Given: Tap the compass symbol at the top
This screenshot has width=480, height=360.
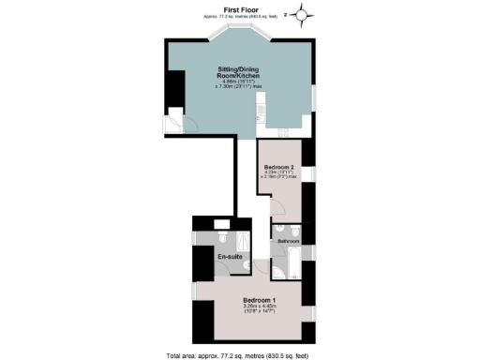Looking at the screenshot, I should [x=302, y=13].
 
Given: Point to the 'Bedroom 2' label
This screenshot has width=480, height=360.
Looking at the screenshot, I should [x=280, y=167].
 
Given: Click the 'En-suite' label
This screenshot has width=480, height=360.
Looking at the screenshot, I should [x=230, y=257].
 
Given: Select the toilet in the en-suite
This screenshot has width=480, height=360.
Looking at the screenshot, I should [x=221, y=224].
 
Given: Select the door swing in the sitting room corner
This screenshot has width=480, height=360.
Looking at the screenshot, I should [x=179, y=124].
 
